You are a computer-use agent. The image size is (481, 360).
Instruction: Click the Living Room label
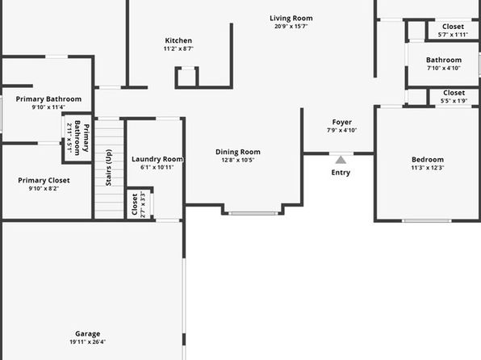[291, 19]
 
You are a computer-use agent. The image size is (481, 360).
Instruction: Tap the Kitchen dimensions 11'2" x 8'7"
[178, 48]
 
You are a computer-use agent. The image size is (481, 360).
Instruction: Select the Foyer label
[341, 122]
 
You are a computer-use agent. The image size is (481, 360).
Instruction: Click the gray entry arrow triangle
[341, 160]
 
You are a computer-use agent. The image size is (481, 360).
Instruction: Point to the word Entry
[341, 173]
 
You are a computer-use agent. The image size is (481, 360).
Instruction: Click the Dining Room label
[238, 152]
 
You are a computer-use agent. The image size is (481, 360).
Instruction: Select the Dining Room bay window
[253, 213]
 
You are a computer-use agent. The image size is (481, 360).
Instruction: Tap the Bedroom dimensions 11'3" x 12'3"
[428, 168]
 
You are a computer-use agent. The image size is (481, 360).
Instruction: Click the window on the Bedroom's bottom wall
[427, 220]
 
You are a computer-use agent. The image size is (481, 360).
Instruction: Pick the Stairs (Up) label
[109, 168]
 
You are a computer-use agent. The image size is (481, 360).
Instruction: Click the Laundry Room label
[157, 159]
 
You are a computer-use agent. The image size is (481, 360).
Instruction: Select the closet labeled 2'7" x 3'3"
[140, 204]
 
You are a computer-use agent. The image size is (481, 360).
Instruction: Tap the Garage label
[88, 333]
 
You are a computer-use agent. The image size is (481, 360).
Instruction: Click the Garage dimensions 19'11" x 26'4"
[88, 342]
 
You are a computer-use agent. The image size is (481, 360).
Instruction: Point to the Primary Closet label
[44, 181]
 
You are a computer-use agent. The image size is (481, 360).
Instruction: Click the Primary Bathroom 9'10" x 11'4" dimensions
[48, 107]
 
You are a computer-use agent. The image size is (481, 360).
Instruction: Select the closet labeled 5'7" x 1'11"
[453, 30]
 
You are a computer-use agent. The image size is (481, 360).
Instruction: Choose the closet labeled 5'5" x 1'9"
[454, 97]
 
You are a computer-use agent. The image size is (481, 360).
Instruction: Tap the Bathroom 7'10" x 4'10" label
[444, 64]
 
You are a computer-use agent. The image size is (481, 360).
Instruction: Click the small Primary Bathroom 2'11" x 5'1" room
[77, 138]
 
